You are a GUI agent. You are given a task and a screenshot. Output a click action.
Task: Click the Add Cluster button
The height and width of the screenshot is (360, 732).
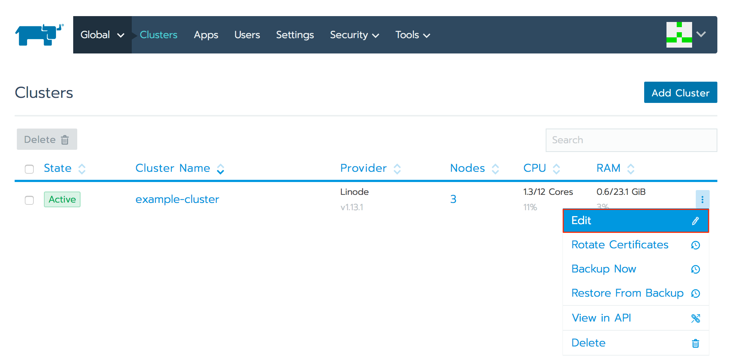point(680,93)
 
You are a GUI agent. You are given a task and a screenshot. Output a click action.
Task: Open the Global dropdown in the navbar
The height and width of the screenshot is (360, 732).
point(102,35)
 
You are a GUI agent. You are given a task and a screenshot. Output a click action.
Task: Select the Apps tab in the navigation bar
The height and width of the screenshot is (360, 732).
point(206,35)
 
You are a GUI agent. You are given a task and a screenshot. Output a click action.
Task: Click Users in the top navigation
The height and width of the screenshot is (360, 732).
point(247,35)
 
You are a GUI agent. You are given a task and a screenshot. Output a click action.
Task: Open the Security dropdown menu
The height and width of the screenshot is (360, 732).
point(354,35)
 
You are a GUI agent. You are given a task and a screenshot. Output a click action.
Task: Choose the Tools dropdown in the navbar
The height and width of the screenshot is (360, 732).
point(412,35)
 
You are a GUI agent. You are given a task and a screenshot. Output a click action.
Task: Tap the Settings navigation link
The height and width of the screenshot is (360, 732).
point(295,35)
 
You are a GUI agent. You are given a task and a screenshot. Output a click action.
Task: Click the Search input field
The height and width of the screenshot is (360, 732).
point(631,140)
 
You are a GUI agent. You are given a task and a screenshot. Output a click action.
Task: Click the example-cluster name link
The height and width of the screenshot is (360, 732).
point(177,199)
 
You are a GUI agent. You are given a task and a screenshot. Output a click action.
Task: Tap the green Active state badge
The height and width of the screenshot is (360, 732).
point(62,200)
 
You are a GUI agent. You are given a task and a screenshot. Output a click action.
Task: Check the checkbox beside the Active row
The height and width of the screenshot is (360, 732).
point(29,200)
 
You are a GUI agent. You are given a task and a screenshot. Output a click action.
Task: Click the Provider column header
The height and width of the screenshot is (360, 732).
point(363,168)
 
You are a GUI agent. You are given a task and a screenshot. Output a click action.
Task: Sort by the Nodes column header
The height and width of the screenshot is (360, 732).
point(467,168)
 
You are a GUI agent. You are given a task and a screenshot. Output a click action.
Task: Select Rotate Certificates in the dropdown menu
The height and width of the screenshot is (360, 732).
point(620,245)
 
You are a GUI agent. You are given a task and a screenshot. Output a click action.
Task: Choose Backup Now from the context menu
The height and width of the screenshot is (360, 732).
point(604,269)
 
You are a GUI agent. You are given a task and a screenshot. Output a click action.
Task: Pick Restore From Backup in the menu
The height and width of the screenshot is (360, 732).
point(627,293)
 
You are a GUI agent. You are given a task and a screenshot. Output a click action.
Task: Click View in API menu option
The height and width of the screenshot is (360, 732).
point(601,318)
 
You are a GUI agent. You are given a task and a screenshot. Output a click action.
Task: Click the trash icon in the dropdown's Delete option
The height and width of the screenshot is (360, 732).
point(695,343)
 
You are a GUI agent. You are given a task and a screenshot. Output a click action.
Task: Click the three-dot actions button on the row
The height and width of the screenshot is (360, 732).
point(702,200)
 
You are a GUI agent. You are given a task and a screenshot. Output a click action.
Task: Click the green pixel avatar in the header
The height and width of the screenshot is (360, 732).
point(679,35)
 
